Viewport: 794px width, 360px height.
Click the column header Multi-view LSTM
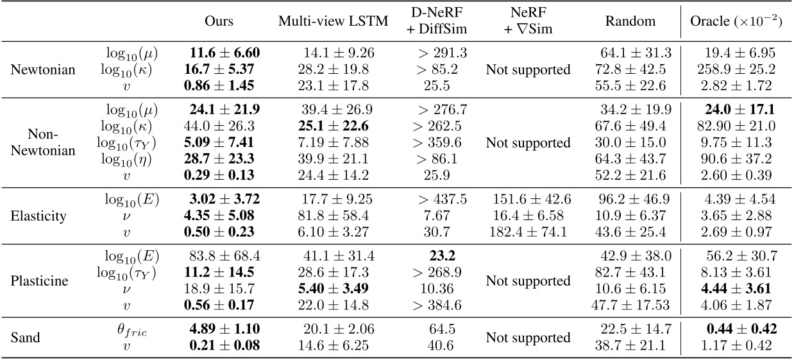333,21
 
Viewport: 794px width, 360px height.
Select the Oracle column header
736,21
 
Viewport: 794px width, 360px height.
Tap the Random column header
630,21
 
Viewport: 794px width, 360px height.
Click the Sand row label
27,338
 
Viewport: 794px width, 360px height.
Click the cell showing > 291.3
440,53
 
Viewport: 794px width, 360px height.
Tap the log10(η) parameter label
138,159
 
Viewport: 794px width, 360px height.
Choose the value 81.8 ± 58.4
333,216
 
